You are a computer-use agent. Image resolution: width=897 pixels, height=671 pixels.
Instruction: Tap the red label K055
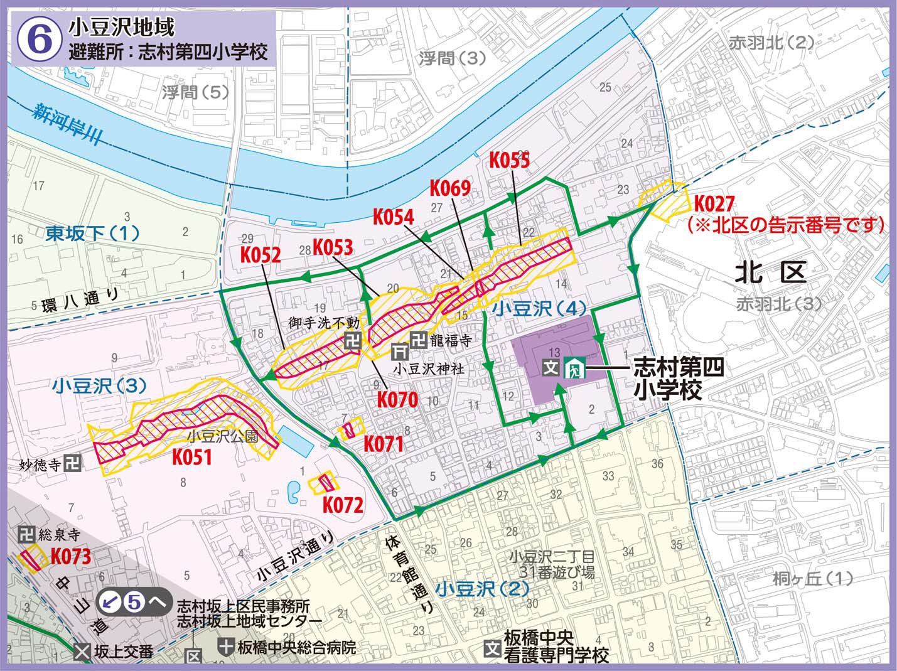tap(509, 161)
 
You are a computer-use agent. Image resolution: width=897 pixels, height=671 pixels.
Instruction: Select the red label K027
tap(714, 204)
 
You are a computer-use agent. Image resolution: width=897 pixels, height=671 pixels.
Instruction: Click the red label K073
tap(70, 556)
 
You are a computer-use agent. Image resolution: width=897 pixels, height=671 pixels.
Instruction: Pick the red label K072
tap(343, 504)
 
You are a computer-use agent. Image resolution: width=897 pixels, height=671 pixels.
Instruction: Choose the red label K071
tap(384, 443)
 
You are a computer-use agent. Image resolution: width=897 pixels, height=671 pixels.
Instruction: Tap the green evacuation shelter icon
tap(574, 367)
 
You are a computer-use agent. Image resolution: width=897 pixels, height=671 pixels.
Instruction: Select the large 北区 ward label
tap(771, 273)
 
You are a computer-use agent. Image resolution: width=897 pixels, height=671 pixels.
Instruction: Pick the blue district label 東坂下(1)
tap(92, 234)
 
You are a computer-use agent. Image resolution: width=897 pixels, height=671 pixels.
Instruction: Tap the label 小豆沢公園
tap(223, 436)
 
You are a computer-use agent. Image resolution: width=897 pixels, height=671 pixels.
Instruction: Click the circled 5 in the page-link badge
tap(133, 602)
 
